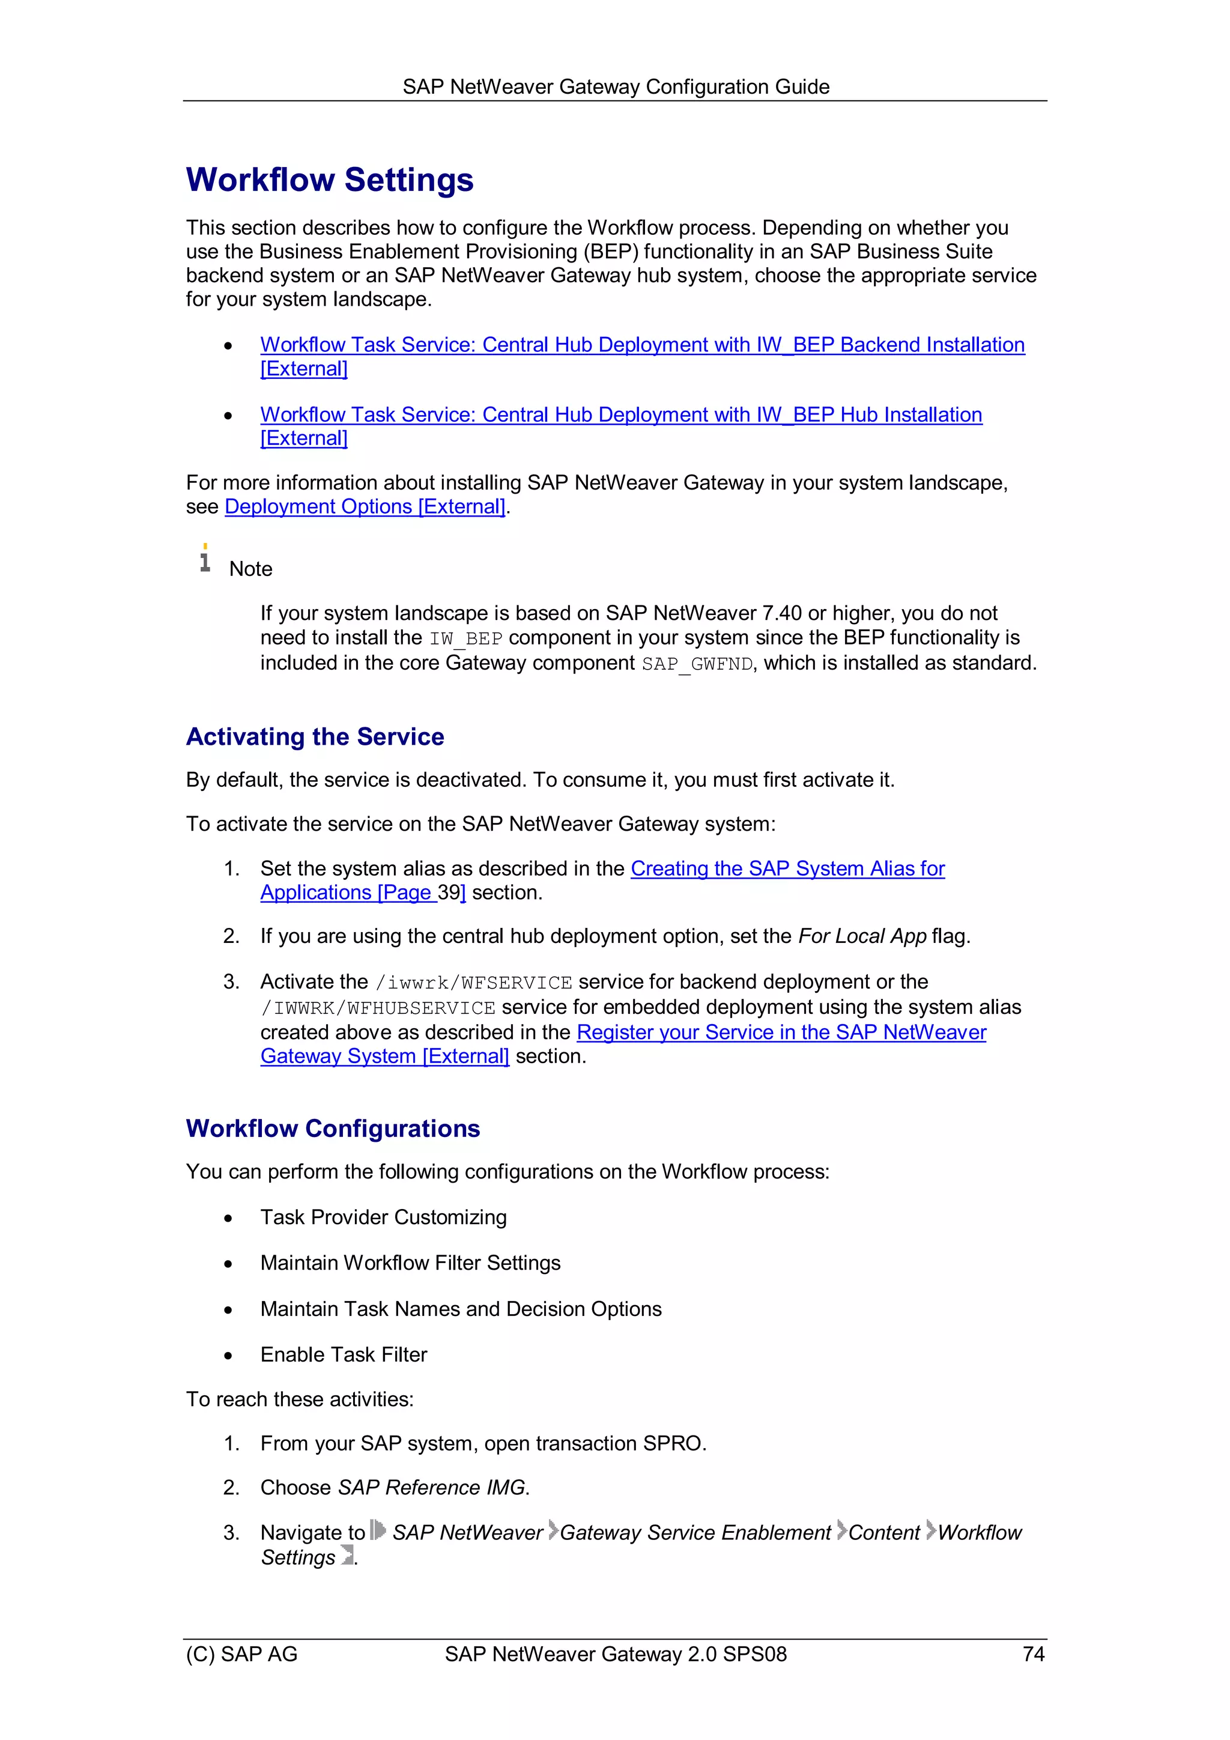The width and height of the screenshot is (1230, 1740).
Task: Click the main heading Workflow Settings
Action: point(330,180)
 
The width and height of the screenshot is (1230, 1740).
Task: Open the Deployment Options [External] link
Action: point(365,507)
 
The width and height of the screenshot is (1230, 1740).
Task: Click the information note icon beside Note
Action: point(205,558)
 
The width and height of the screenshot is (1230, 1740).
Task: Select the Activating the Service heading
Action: point(315,736)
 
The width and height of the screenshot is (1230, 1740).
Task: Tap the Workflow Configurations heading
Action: point(333,1129)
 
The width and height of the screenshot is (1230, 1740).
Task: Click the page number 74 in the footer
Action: point(1033,1654)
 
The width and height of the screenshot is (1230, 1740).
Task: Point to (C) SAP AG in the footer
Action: point(242,1654)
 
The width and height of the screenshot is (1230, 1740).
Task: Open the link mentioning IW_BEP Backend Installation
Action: point(642,345)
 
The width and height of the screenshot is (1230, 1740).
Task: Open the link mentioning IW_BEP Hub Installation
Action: point(620,415)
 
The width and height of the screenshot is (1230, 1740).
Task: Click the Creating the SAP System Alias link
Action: point(787,868)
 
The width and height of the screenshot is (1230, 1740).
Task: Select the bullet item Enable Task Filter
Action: point(344,1354)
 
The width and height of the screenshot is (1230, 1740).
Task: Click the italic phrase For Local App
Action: point(862,937)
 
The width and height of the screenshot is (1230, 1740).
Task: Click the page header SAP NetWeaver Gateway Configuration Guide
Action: point(616,87)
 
